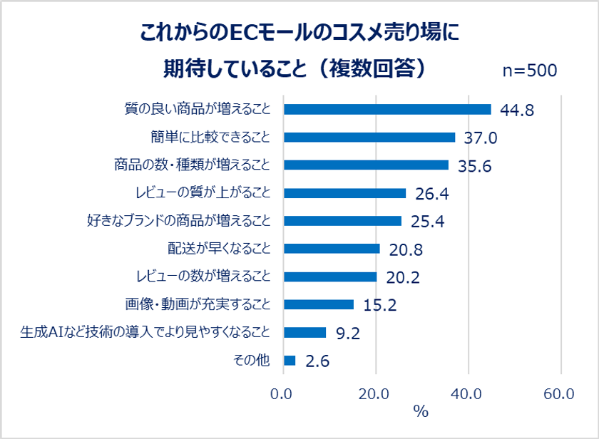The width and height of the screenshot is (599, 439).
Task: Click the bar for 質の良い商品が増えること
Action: coord(387,109)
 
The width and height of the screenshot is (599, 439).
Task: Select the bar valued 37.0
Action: coord(369,137)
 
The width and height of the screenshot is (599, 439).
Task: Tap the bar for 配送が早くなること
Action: coord(332,248)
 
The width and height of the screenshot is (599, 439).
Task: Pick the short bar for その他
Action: coord(290,360)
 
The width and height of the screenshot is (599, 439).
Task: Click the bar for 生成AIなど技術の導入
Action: coord(305,332)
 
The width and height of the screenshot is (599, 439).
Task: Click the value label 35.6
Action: coord(474,166)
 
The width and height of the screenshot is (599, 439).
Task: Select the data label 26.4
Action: coord(431,194)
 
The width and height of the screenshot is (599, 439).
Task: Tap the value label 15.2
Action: coord(379,306)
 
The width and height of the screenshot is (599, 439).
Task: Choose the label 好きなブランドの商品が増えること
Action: coord(178,220)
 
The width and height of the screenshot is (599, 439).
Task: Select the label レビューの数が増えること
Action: coord(203,276)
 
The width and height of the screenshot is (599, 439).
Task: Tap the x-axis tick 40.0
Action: coord(468,394)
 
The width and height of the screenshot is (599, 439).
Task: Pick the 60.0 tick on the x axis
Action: coord(560,394)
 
